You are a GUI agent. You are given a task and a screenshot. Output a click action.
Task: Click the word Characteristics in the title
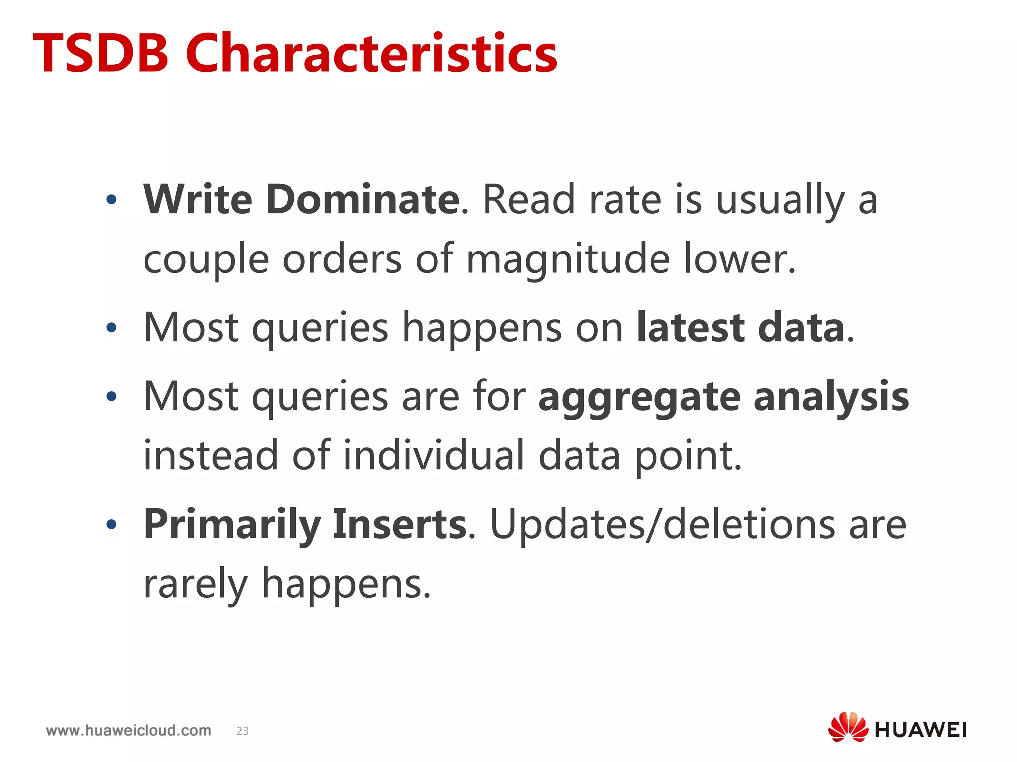pyautogui.click(x=371, y=53)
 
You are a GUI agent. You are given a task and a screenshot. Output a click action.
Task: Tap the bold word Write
pyautogui.click(x=198, y=199)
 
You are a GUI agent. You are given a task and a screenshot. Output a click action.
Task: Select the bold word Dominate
pyautogui.click(x=363, y=199)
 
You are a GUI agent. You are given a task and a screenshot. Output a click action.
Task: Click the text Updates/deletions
pyautogui.click(x=662, y=525)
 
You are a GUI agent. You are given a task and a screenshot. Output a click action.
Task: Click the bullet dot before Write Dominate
pyautogui.click(x=111, y=200)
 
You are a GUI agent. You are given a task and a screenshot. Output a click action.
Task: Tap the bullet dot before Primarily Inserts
pyautogui.click(x=111, y=524)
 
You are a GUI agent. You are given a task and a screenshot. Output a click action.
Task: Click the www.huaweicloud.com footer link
pyautogui.click(x=128, y=730)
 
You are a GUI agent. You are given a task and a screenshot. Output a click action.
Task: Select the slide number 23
pyautogui.click(x=242, y=731)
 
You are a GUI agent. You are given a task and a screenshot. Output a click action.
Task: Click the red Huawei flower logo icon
pyautogui.click(x=848, y=727)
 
